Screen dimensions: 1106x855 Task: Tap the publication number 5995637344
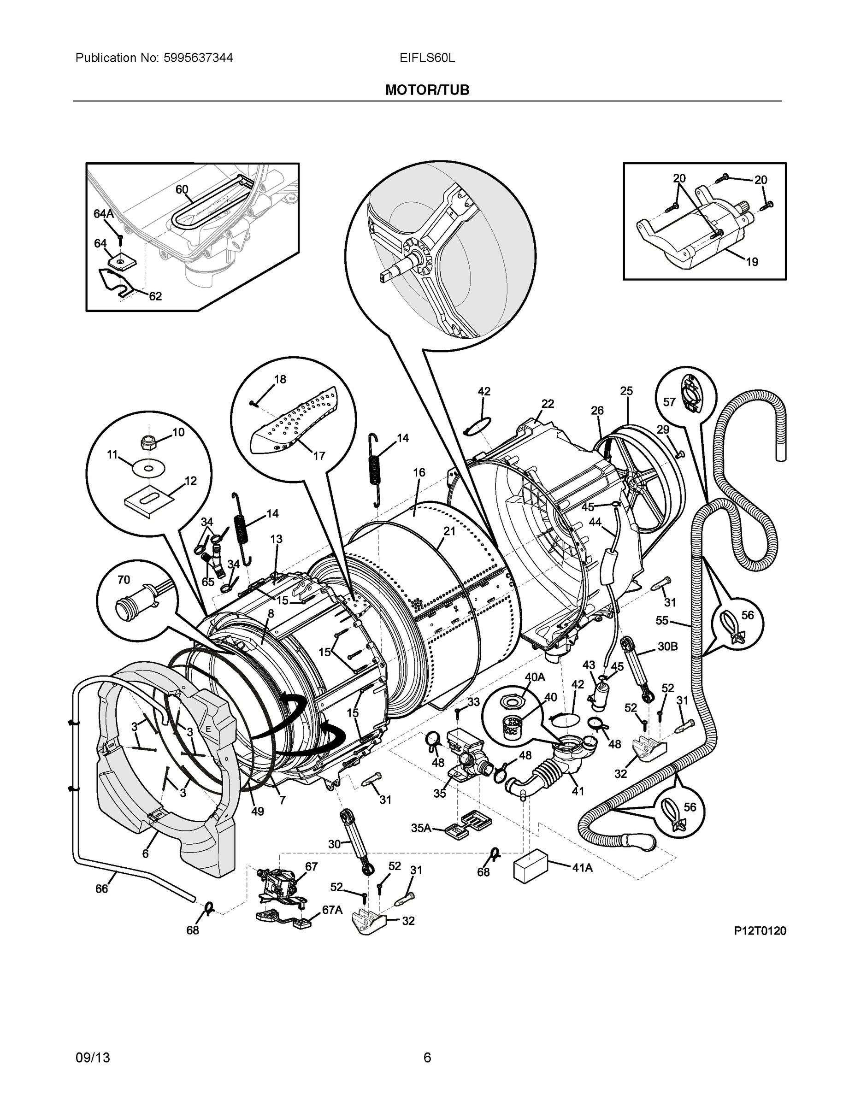click(x=198, y=58)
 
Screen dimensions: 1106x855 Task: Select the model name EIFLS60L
click(x=427, y=58)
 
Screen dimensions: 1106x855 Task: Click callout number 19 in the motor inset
click(x=752, y=262)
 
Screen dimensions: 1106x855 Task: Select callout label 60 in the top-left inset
click(x=182, y=190)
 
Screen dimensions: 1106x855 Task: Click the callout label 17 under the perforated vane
click(x=318, y=456)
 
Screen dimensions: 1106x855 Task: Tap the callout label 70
click(x=124, y=580)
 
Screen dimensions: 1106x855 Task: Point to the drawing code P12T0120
click(x=760, y=931)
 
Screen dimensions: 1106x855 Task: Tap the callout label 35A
click(x=421, y=828)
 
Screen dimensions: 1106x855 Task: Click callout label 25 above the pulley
click(x=626, y=391)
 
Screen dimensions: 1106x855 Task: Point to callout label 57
click(x=669, y=402)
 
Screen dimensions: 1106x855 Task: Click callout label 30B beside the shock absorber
click(x=667, y=647)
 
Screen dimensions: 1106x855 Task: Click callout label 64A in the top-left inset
click(x=104, y=214)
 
